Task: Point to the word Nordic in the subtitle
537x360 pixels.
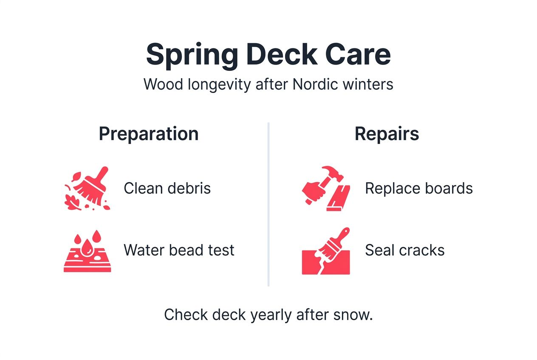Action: point(317,84)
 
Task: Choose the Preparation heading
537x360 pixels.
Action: point(149,134)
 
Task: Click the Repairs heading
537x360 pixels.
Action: point(387,134)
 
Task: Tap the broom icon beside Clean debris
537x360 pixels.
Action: point(87,188)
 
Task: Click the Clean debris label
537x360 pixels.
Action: point(167,188)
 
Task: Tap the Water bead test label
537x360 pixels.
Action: point(179,250)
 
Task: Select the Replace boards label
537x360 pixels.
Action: point(419,188)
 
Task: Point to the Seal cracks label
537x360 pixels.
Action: point(404,250)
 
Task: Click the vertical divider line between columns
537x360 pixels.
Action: point(268,204)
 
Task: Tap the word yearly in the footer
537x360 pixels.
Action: point(271,315)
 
